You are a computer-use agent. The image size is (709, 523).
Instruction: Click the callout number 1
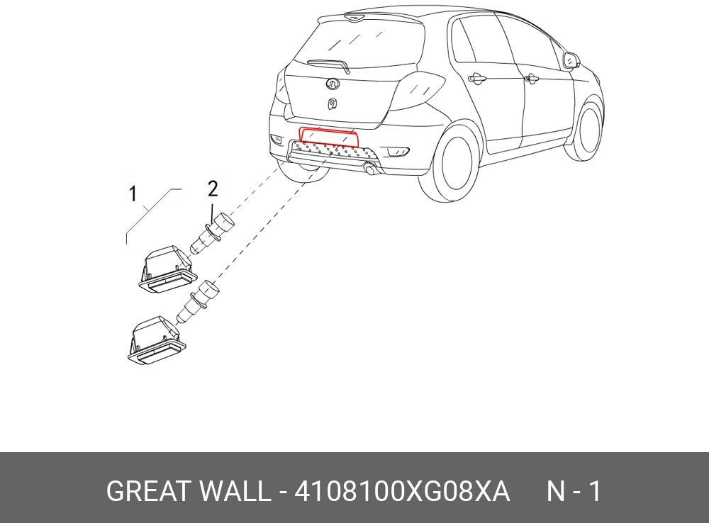tap(133, 193)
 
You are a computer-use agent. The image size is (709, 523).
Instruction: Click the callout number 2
tap(212, 189)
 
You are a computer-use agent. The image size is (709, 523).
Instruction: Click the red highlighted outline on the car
tap(328, 136)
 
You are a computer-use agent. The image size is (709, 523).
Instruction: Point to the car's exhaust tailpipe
tap(369, 169)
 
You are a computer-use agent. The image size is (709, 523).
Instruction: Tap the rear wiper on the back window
tap(329, 64)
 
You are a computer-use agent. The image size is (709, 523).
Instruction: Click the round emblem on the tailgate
tap(332, 84)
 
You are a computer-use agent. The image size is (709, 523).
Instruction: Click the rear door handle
tap(476, 79)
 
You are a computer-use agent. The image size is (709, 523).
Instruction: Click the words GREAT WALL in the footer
tap(188, 491)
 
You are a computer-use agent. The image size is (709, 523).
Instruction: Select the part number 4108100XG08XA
tap(401, 491)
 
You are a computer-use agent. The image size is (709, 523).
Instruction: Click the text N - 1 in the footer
tap(573, 491)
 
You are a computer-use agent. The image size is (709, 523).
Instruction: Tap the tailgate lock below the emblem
tap(331, 104)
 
